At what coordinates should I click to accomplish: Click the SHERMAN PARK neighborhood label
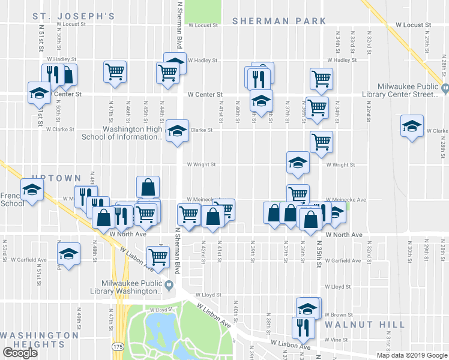pyautogui.click(x=279, y=20)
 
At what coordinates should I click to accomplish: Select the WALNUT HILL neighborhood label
pyautogui.click(x=364, y=324)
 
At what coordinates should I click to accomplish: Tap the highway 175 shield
pyautogui.click(x=117, y=347)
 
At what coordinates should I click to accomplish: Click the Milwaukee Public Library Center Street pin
pyautogui.click(x=445, y=89)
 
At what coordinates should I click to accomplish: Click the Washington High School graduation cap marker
pyautogui.click(x=176, y=130)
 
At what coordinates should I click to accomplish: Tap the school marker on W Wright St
pyautogui.click(x=298, y=162)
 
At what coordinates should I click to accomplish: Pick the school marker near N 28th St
pyautogui.click(x=412, y=126)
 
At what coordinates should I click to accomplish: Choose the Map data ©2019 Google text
pyautogui.click(x=412, y=355)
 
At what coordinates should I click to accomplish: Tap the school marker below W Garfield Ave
pyautogui.click(x=69, y=253)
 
